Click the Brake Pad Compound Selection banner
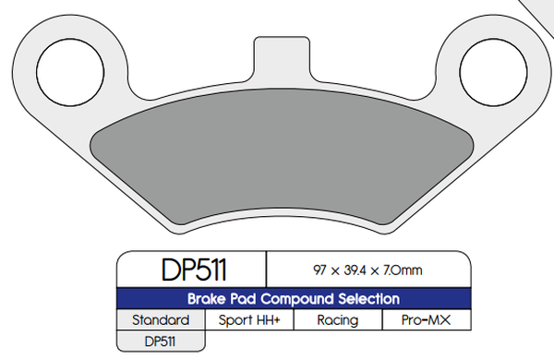(x=293, y=299)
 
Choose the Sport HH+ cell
(x=249, y=320)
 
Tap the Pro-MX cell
(x=427, y=320)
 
